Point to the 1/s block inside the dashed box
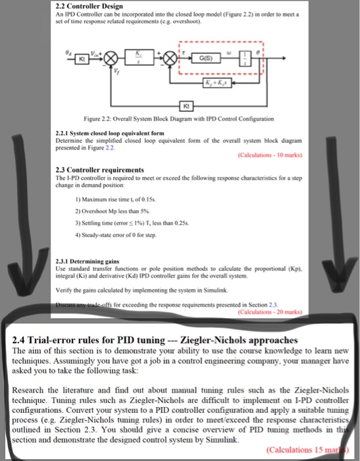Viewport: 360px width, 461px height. [262, 55]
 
